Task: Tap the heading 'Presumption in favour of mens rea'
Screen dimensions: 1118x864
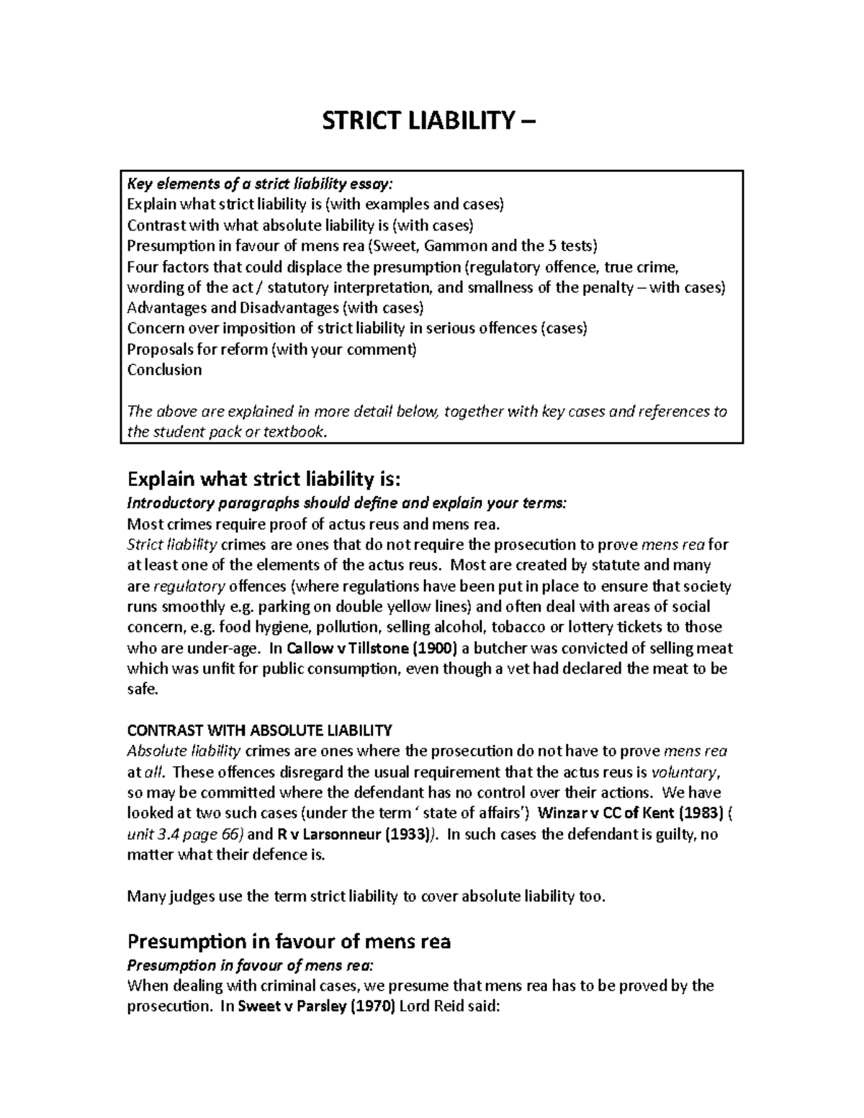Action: pyautogui.click(x=288, y=941)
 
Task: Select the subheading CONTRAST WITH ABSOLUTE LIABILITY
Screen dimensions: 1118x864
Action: pyautogui.click(x=259, y=731)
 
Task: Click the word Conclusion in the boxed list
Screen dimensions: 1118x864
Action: pyautogui.click(x=164, y=370)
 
